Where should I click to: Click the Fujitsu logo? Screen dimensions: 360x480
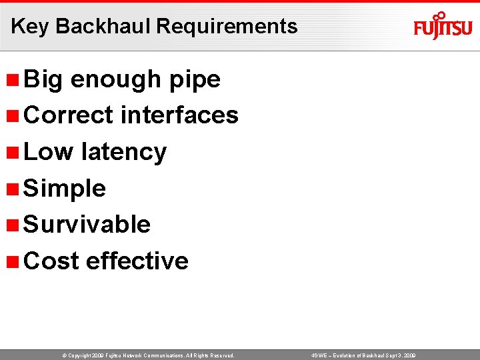tap(443, 27)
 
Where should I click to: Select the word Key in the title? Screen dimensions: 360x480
tap(30, 26)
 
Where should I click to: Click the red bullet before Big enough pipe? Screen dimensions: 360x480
tap(11, 79)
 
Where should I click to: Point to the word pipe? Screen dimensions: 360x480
tap(195, 79)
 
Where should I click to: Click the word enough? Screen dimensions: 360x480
tap(116, 79)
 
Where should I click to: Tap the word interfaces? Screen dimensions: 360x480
tap(179, 115)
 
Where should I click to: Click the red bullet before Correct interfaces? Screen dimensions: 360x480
tap(11, 116)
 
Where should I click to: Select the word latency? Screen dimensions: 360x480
tap(123, 152)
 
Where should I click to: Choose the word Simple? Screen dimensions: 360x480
tap(65, 189)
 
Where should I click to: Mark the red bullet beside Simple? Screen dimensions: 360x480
tap(11, 189)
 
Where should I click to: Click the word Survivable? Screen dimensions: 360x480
tap(87, 225)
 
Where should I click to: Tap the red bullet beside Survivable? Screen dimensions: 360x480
tap(11, 225)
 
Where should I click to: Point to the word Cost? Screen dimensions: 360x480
tap(51, 261)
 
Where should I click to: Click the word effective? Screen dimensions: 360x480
tap(137, 261)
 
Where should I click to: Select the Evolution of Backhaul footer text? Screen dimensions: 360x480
tap(364, 356)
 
